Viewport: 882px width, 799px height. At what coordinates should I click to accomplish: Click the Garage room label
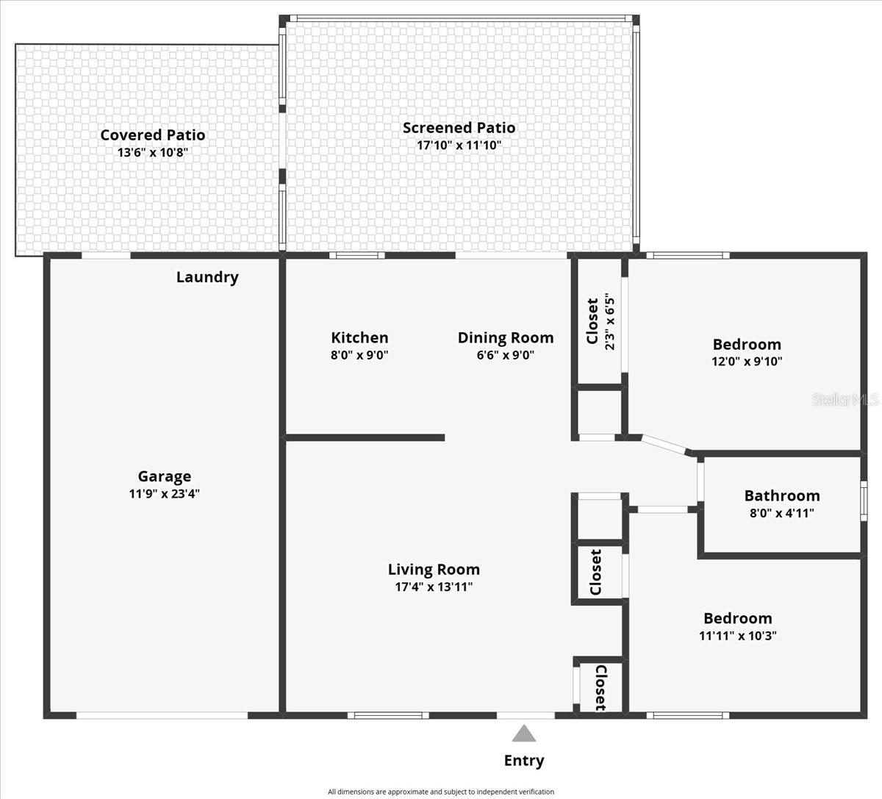click(164, 476)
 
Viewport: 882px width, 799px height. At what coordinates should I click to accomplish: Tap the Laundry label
click(207, 277)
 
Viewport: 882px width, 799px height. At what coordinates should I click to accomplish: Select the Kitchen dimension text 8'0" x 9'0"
click(359, 355)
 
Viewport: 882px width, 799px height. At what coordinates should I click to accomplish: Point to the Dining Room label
click(505, 337)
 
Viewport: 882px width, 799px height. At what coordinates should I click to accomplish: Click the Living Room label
click(434, 569)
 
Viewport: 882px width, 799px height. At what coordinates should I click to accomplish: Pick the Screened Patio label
click(459, 127)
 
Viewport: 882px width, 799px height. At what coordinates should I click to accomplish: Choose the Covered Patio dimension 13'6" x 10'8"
click(153, 153)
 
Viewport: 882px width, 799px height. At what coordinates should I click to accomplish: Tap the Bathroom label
click(782, 495)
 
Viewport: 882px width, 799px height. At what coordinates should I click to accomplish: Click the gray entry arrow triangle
click(523, 734)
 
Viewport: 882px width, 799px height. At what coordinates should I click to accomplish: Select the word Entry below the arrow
click(523, 761)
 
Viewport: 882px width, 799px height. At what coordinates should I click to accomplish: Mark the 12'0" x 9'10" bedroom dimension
click(747, 362)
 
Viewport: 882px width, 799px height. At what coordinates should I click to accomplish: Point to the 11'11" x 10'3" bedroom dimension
click(737, 636)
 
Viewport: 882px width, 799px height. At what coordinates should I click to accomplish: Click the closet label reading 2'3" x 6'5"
click(609, 321)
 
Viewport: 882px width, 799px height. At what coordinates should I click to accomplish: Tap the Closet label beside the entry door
click(600, 688)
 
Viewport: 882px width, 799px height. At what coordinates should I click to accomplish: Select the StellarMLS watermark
click(845, 400)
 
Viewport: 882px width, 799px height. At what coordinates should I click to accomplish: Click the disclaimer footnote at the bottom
click(441, 792)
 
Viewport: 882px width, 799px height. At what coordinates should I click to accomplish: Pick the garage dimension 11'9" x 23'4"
click(164, 494)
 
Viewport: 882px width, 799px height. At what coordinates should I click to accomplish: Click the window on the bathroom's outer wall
click(864, 500)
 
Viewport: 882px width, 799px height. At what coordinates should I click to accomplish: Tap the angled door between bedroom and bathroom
click(664, 444)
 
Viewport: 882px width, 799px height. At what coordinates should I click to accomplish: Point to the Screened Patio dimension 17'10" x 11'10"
click(459, 145)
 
